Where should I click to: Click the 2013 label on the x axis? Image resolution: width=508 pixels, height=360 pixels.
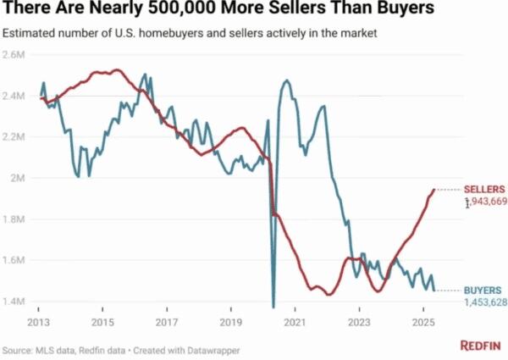[x=38, y=323]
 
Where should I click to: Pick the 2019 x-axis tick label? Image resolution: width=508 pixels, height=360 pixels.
[x=231, y=323]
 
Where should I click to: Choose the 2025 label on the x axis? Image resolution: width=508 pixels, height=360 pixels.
[x=423, y=323]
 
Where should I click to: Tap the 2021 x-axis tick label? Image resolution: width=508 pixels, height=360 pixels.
[x=295, y=323]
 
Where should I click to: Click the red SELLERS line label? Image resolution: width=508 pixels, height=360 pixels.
[x=485, y=188]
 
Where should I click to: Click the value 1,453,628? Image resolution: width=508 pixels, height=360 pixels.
[x=485, y=302]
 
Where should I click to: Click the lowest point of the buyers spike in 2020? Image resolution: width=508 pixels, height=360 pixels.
[x=273, y=306]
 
